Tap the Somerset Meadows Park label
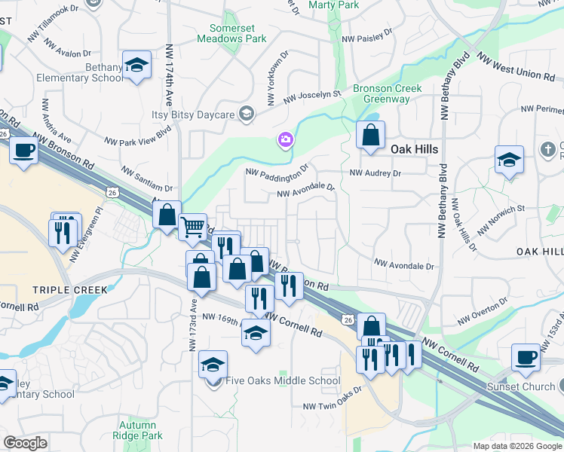tap(238, 32)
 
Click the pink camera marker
tap(285, 139)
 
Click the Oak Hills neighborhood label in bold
tap(414, 149)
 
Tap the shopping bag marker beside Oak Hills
tap(370, 136)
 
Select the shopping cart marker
tap(193, 225)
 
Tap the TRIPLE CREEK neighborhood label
tap(65, 289)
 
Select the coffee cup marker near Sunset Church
tap(525, 357)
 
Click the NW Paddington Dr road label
tap(277, 171)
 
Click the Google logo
tap(26, 443)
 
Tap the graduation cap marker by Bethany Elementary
tap(137, 66)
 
